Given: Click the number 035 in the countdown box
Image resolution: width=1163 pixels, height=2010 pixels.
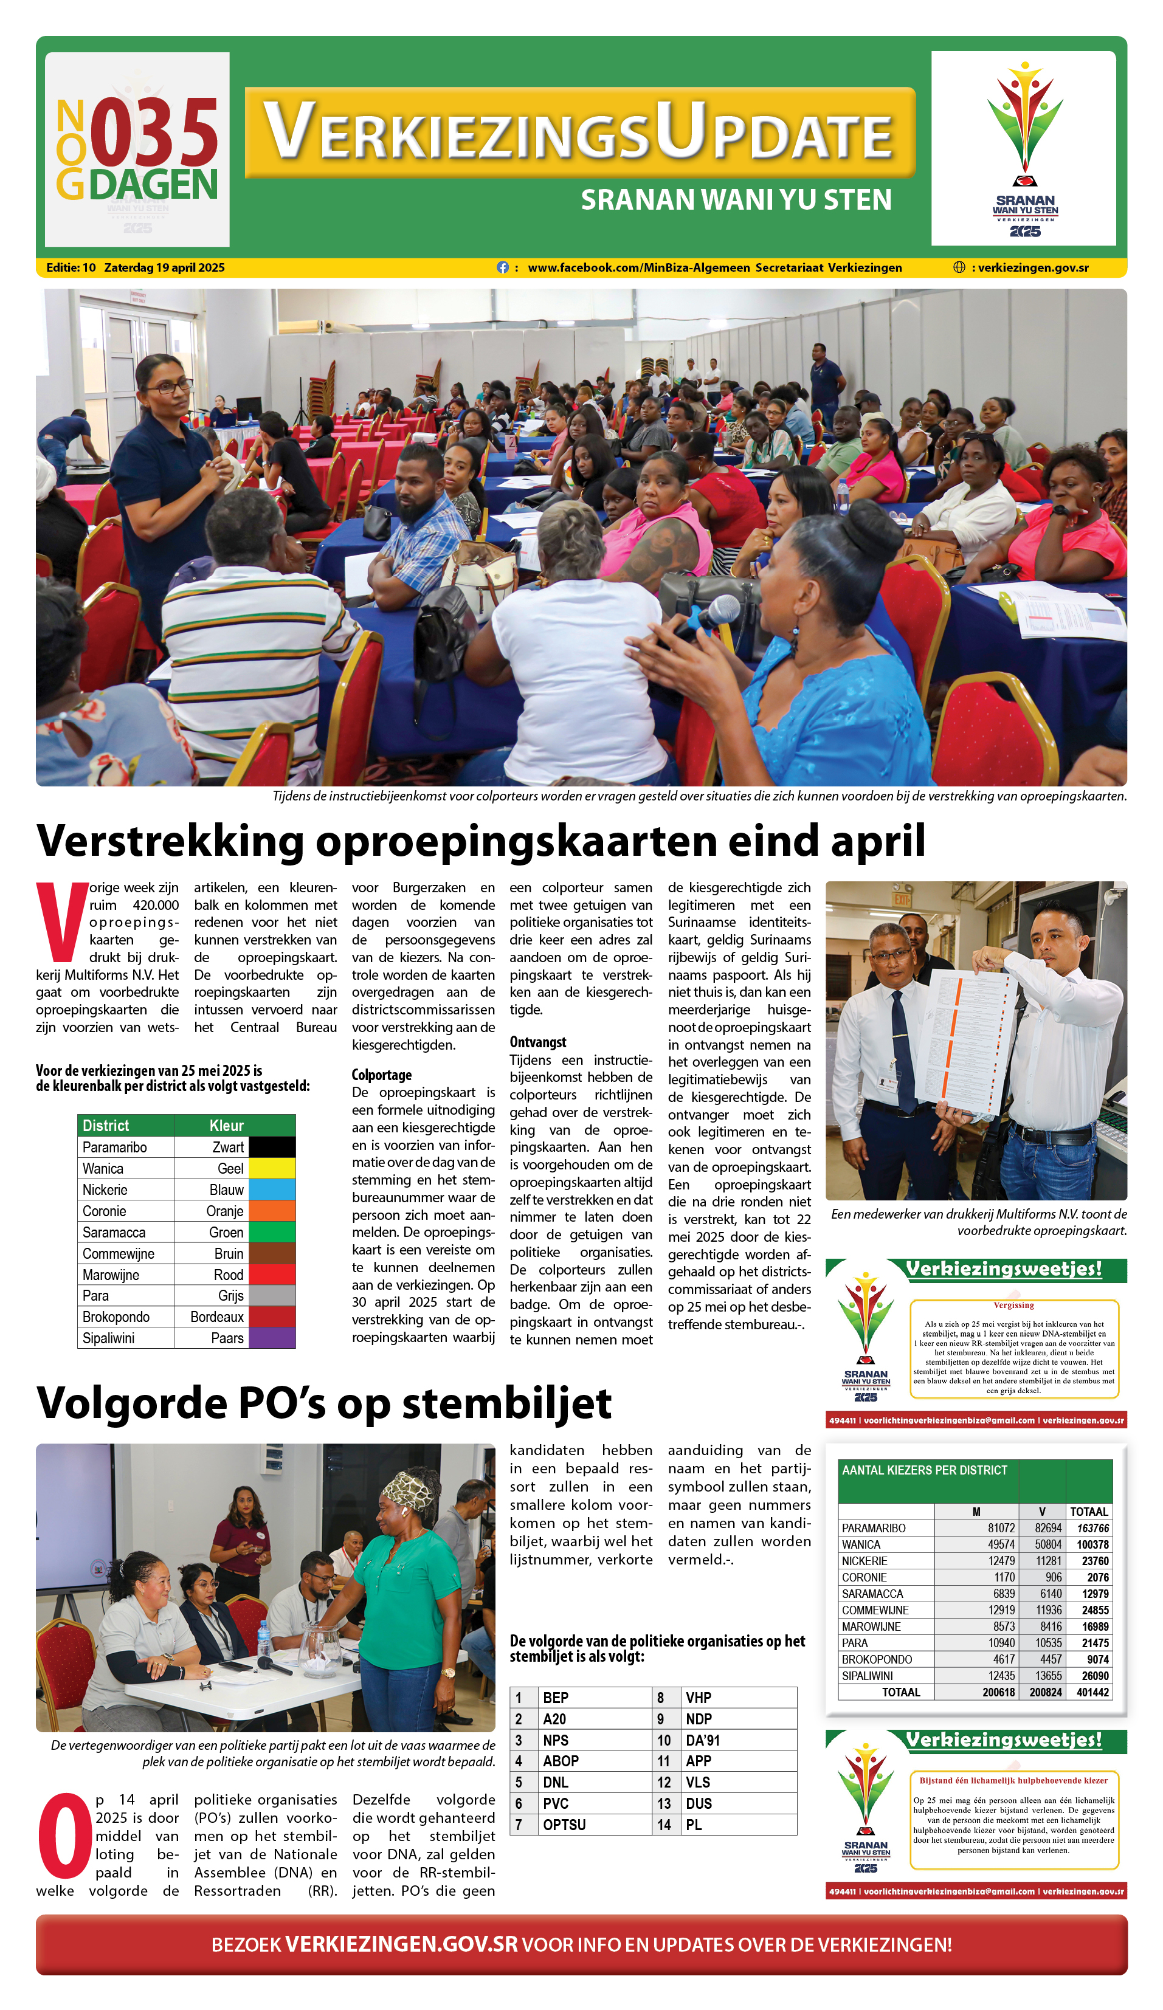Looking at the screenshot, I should [x=154, y=133].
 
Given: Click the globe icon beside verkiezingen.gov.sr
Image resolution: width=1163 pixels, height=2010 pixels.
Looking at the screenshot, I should [x=959, y=267].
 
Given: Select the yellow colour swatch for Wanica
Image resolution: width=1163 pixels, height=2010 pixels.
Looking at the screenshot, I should [x=272, y=1168].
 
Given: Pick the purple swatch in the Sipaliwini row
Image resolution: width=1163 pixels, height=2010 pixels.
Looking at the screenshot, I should [x=272, y=1338].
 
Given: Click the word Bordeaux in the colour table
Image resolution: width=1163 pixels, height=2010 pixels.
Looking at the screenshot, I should [x=217, y=1317].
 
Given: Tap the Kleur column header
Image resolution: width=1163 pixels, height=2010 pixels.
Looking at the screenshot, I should [x=227, y=1126].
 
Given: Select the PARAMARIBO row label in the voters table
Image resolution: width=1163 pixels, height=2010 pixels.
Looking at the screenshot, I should [x=874, y=1527].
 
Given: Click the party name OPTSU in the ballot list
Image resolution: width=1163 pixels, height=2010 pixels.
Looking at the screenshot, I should [x=564, y=1824].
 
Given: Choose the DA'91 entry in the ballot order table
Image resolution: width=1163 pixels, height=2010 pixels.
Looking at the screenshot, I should [x=703, y=1740].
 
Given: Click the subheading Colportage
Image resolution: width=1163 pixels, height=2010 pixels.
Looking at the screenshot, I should [x=381, y=1075].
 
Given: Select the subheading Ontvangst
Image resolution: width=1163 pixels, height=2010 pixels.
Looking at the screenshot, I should [x=537, y=1042].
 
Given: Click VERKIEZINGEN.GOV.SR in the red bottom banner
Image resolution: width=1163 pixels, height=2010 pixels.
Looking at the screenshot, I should [x=401, y=1944].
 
